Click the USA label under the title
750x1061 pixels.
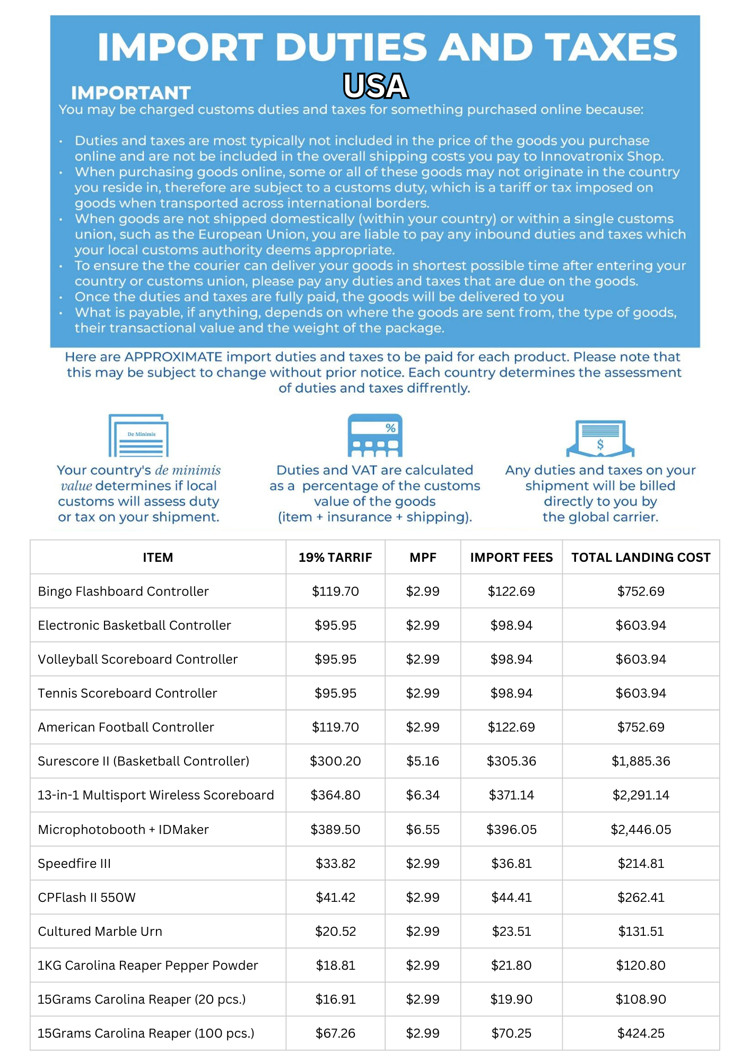pyautogui.click(x=376, y=86)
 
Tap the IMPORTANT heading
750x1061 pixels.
pyautogui.click(x=131, y=93)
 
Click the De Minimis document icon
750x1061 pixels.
pyautogui.click(x=139, y=436)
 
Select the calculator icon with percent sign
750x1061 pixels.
pyautogui.click(x=375, y=436)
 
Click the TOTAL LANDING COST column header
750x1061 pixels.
pyautogui.click(x=641, y=558)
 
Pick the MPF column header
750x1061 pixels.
pyautogui.click(x=423, y=558)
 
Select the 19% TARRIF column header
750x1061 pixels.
pyautogui.click(x=335, y=558)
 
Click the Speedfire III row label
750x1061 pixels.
pyautogui.click(x=74, y=864)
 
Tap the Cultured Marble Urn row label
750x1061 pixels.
pyautogui.click(x=100, y=932)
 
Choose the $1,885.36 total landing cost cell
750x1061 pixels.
pyautogui.click(x=641, y=761)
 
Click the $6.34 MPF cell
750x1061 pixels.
pyautogui.click(x=423, y=795)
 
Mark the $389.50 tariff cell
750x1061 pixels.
pyautogui.click(x=335, y=830)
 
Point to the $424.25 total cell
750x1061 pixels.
pyautogui.click(x=641, y=1033)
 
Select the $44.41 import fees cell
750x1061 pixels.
pyautogui.click(x=511, y=898)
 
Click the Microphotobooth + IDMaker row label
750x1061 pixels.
pyautogui.click(x=123, y=830)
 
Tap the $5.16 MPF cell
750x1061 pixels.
pyautogui.click(x=423, y=761)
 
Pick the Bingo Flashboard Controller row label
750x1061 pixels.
pyautogui.click(x=123, y=592)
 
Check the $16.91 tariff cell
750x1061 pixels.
pyautogui.click(x=335, y=999)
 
